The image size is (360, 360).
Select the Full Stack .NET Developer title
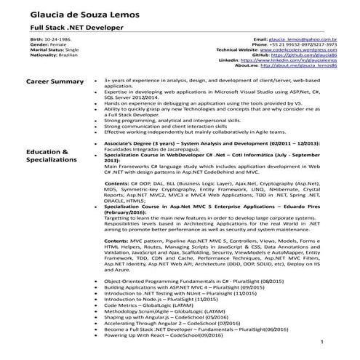(63, 26)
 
